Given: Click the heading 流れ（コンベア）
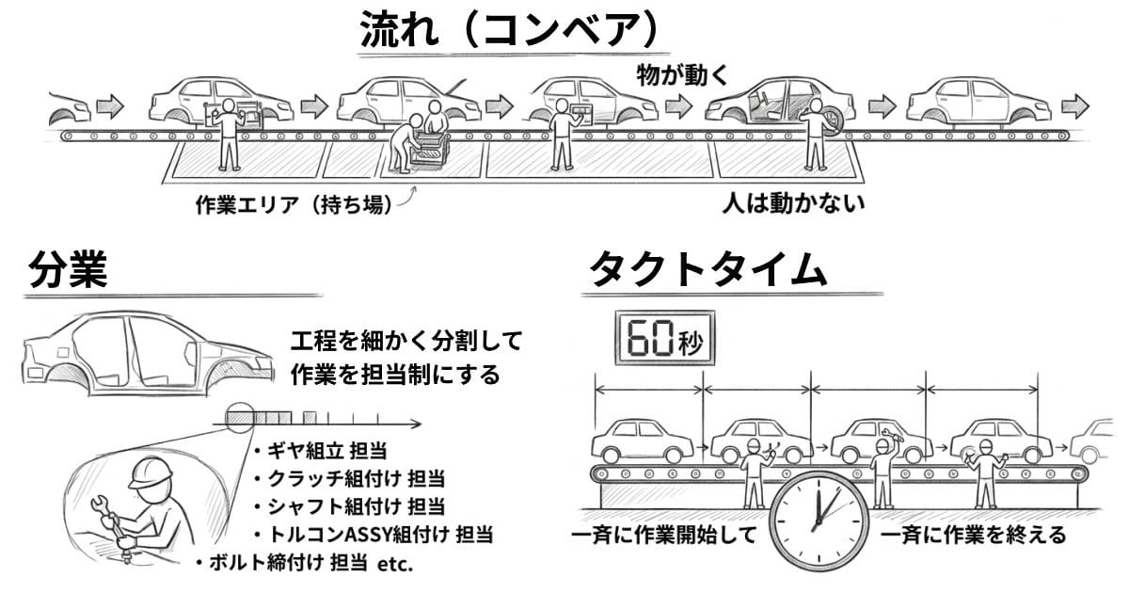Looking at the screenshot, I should [x=507, y=31].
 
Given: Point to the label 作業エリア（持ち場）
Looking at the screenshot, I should [x=291, y=203].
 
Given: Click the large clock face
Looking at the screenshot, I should [x=817, y=517].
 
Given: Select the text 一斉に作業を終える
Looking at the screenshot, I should [x=974, y=537].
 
